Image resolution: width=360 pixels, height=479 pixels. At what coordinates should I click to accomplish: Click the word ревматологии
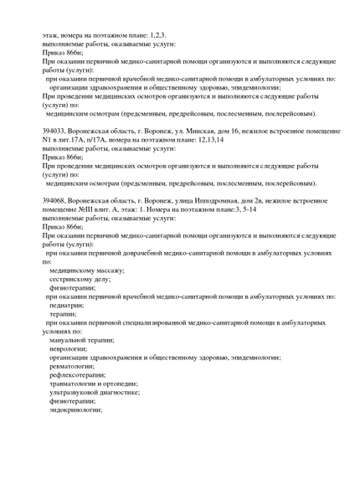72,366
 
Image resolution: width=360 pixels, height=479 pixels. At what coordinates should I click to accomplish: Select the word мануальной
69,340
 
